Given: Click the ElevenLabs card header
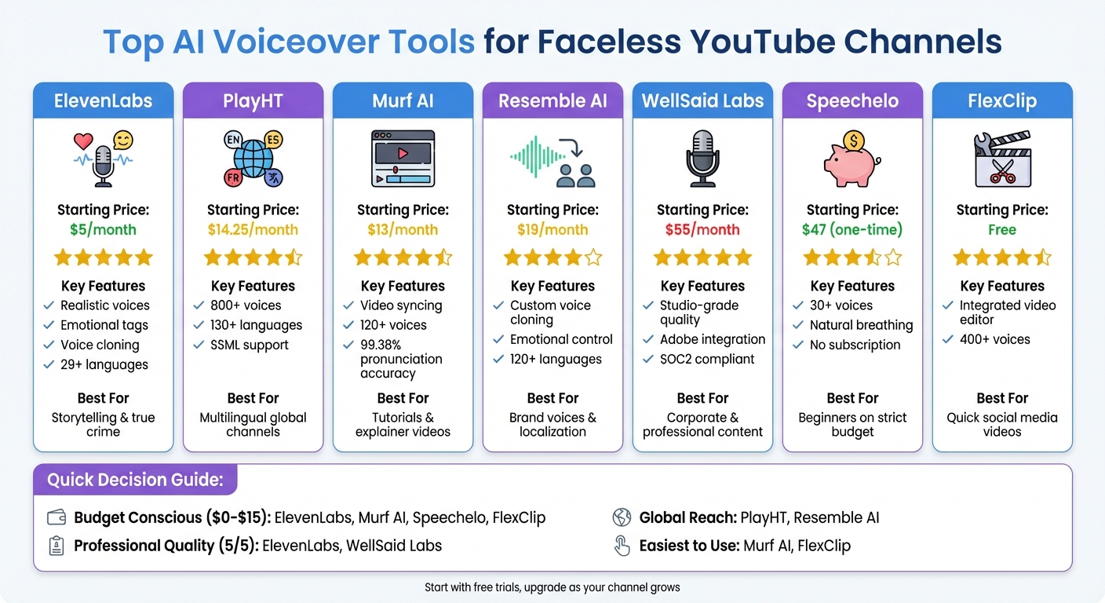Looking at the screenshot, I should tap(103, 101).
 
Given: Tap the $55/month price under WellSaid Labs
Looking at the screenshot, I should tap(702, 230).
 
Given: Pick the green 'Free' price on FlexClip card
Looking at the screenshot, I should tap(1002, 230).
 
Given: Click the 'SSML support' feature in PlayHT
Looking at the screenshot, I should tap(250, 345).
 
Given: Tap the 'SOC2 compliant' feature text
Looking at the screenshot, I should tap(706, 359).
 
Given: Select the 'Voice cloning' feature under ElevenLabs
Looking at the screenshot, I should tap(100, 345).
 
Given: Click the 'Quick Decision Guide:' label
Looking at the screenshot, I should tap(135, 480).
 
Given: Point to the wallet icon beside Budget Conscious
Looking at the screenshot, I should tap(57, 517).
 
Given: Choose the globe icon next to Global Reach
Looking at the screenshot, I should tap(622, 517).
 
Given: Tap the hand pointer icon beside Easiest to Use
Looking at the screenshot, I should tap(622, 546).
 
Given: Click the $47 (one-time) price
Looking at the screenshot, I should tap(852, 230).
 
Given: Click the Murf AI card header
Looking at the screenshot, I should tap(403, 101).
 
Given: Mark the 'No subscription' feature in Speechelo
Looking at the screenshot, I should tap(855, 345).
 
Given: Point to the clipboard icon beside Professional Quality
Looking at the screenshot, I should tap(57, 546).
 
